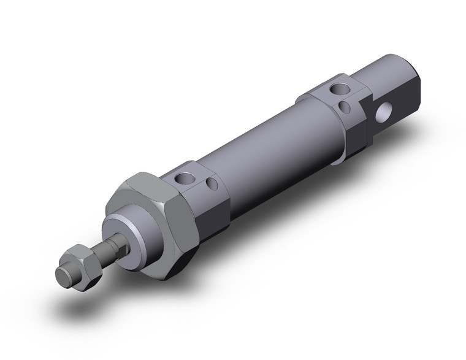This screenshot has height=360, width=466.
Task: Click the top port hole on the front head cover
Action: (x=182, y=179)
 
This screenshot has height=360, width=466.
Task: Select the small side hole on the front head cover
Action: (x=212, y=184)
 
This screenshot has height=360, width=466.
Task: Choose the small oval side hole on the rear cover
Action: (x=345, y=108)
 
